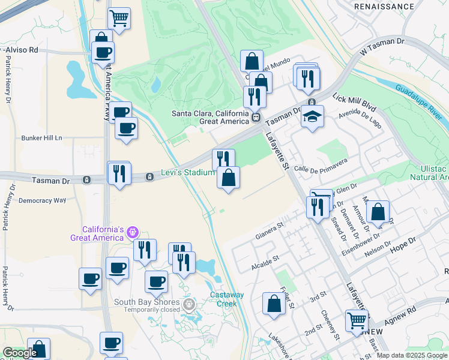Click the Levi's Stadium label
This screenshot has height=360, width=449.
coord(187,173)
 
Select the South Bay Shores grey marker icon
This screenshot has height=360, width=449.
coord(190,305)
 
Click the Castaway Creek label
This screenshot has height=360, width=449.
coord(227,298)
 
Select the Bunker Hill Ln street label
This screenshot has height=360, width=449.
coord(42,137)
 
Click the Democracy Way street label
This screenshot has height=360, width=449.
coord(42,200)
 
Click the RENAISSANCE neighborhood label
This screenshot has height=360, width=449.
coord(384,7)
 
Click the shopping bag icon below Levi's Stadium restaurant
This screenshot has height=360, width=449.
coord(228,178)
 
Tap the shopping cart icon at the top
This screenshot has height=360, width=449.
coord(119,19)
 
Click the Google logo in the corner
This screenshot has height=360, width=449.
coord(20,353)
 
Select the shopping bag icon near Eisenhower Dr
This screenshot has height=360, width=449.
coord(378,212)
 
